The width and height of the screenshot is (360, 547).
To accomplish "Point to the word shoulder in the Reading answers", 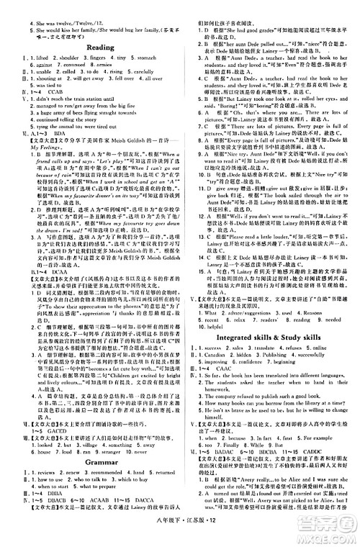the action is (x=68, y=58).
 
